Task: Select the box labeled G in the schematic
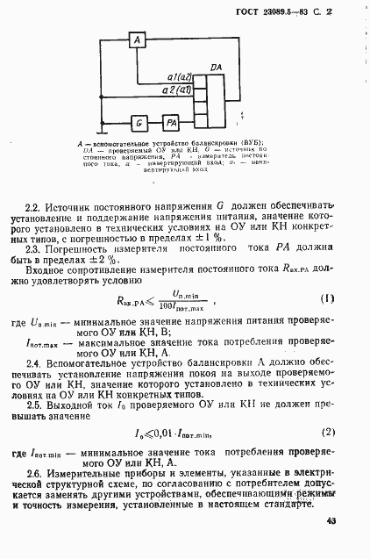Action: click(138, 122)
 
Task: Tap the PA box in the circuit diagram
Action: click(172, 122)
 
